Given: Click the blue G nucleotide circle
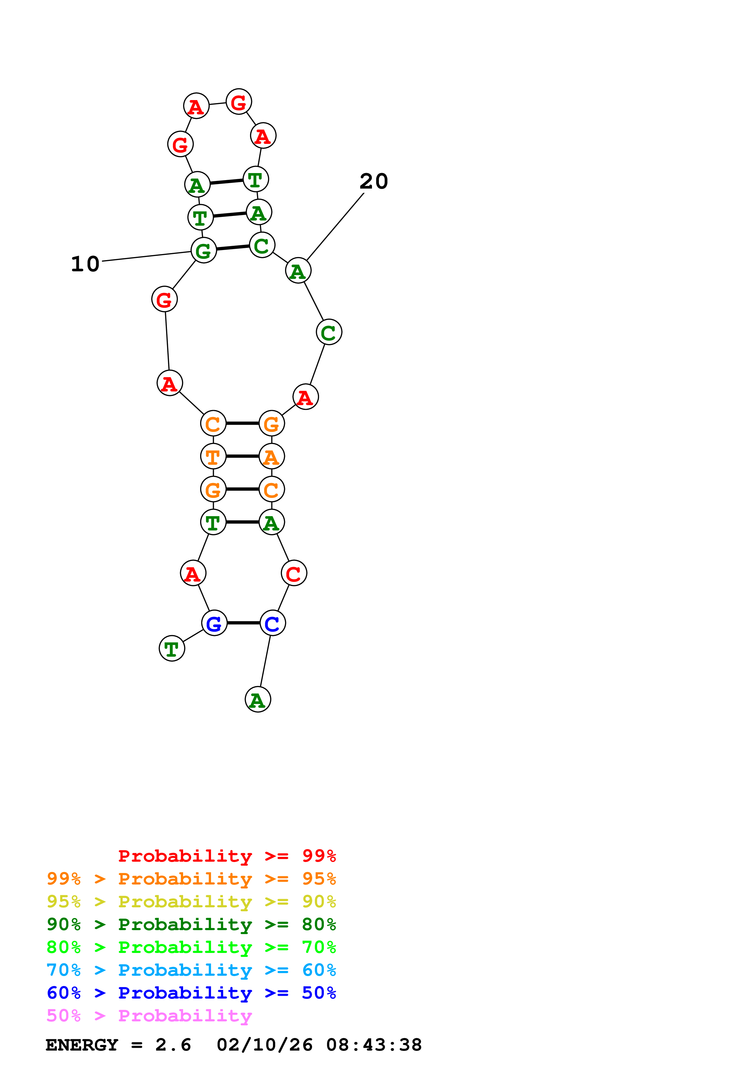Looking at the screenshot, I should click(214, 623).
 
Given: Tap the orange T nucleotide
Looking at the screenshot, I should click(213, 456).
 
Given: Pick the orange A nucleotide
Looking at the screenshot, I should click(272, 456).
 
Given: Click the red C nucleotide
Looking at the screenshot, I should click(294, 573).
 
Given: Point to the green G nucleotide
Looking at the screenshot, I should click(204, 251).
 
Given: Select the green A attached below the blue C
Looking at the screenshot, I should click(258, 699).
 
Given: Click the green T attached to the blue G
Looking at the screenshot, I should click(172, 648).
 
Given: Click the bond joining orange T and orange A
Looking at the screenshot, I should click(242, 456).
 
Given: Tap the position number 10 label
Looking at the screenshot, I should click(85, 264).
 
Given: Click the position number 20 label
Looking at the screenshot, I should click(374, 181).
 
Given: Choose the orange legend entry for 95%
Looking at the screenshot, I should click(191, 879).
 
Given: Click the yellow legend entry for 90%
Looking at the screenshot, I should click(191, 902).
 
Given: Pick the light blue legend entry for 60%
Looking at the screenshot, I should click(191, 970).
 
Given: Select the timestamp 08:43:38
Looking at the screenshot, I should click(374, 1045).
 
